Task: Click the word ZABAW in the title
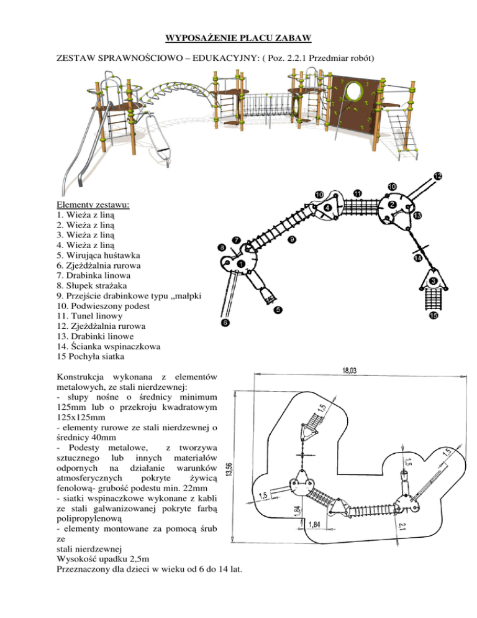coord(293,38)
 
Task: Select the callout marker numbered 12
coord(438,176)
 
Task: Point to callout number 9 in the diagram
coord(292,239)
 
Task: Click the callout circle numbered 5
coord(278,310)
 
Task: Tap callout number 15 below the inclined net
coord(434,315)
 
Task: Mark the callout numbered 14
coord(418,258)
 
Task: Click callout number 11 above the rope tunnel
coord(358,193)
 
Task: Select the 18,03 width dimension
coord(349,371)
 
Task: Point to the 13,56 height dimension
coord(230,469)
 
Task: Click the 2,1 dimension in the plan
coord(401,526)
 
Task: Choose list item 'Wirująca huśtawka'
coord(98,256)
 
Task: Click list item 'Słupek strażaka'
coord(92,286)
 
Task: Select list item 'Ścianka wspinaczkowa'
coord(109,347)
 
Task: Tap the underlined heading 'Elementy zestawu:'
coord(93,205)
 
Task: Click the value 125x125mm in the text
coord(81,417)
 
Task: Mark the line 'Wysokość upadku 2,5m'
coord(103,560)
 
